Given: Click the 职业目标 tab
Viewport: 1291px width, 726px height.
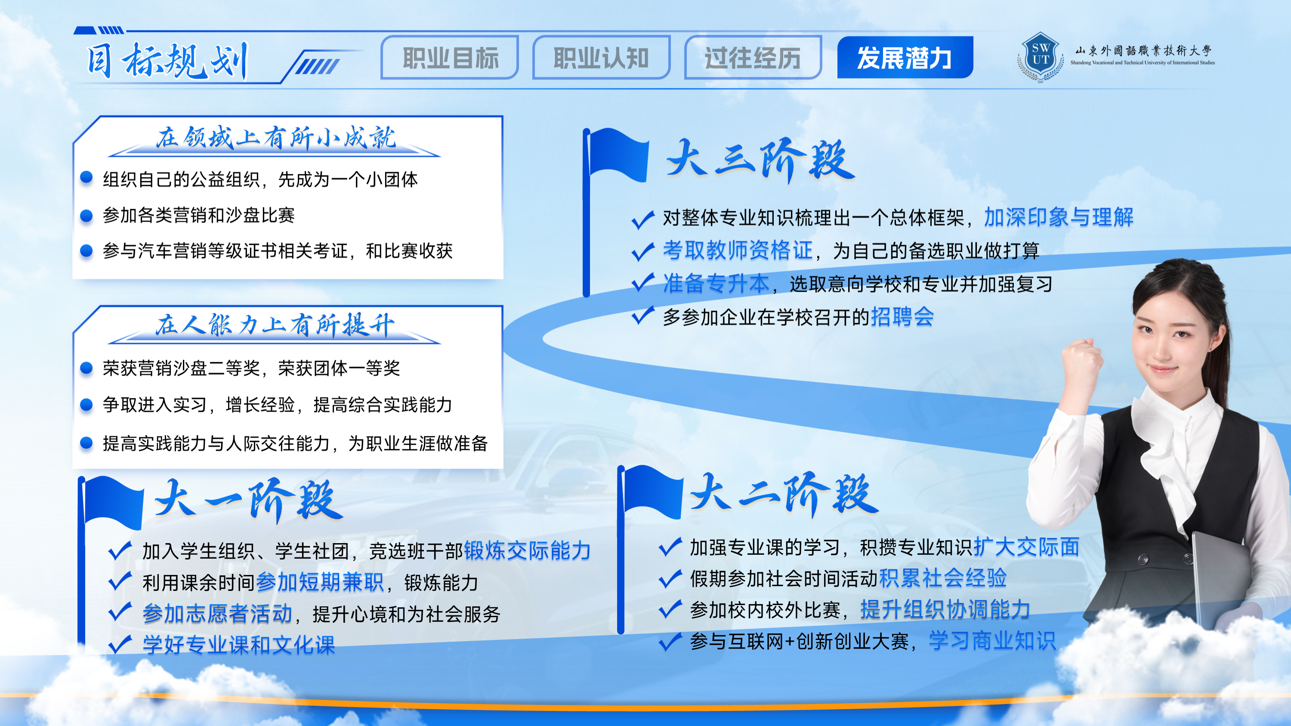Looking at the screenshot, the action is point(450,58).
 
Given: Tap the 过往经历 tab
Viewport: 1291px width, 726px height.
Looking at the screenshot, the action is point(753,58).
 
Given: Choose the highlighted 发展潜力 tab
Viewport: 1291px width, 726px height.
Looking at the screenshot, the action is point(905,58).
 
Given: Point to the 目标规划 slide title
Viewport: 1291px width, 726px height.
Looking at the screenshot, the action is point(168,61).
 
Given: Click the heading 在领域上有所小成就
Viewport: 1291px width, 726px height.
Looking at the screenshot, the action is point(275,137).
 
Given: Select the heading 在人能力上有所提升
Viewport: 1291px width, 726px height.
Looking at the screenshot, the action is point(275,325).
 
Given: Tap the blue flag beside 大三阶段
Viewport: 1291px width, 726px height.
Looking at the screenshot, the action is point(618,154).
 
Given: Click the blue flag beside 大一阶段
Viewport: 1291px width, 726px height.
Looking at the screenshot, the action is point(113,503).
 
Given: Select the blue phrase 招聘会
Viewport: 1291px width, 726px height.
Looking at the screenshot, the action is point(902,317).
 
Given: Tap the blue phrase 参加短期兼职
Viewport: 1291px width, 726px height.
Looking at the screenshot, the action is point(320,582).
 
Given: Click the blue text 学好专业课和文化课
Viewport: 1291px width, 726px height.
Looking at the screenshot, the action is point(239,645).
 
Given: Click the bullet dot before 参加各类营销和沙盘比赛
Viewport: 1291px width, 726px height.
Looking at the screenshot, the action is point(86,216).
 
